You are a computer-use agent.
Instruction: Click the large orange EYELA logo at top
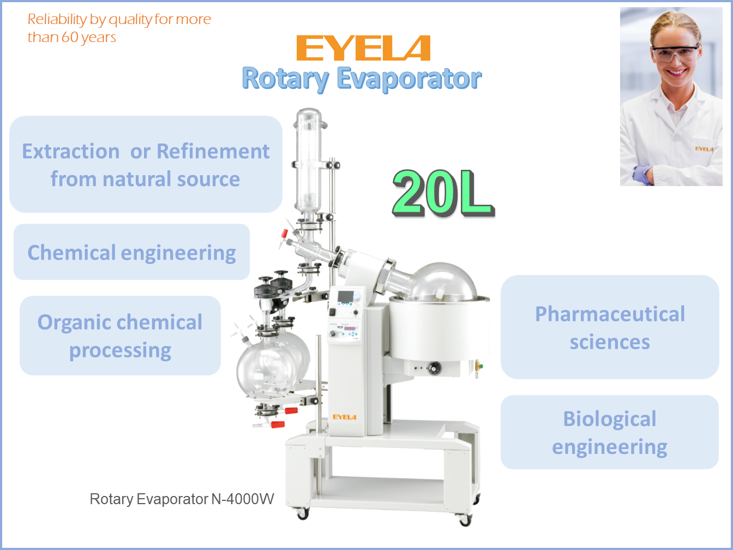[x=363, y=48]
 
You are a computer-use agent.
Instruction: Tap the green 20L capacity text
[x=443, y=193]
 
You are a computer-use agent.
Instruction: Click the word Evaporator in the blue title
[x=408, y=79]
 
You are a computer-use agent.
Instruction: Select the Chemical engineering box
[x=131, y=252]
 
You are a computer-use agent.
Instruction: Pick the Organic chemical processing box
[x=120, y=335]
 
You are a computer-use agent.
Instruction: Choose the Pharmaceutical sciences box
[x=610, y=327]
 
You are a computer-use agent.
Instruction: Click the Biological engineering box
[x=610, y=432]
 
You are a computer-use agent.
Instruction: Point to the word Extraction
[x=71, y=151]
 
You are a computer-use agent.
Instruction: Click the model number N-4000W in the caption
[x=243, y=499]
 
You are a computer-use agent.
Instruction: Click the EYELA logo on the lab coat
[x=704, y=149]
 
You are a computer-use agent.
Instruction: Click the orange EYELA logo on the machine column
[x=344, y=417]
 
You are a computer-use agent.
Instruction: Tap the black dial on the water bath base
[x=434, y=368]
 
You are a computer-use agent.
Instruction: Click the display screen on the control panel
[x=346, y=296]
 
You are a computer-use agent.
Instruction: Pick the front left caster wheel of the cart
[x=302, y=514]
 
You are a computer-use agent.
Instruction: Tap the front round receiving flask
[x=266, y=369]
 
